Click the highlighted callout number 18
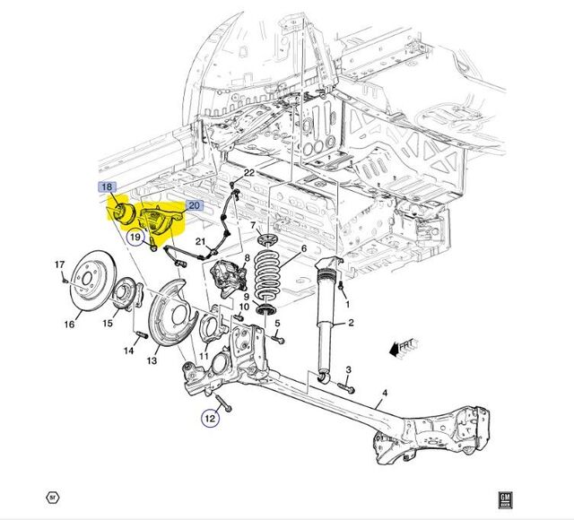coord(107,187)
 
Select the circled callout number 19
coord(135,238)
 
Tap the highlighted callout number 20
coord(195,205)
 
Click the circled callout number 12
coord(209,417)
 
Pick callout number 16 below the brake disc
coord(69,325)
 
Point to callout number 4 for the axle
coord(384,393)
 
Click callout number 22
coord(249,172)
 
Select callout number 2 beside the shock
coord(351,323)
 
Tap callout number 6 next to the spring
coord(303,249)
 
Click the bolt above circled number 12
coord(222,399)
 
